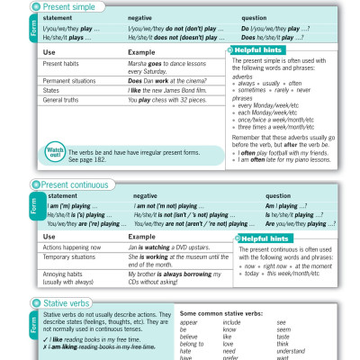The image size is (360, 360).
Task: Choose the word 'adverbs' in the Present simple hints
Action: coord(244,76)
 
